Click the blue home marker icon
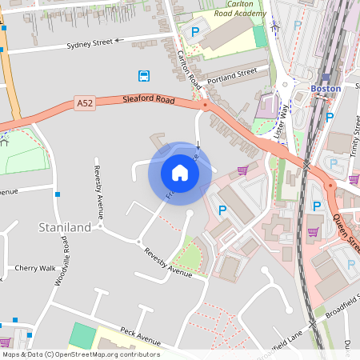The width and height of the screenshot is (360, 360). point(180,173)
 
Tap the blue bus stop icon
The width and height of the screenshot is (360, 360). point(144,76)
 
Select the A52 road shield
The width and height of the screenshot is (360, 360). point(86,103)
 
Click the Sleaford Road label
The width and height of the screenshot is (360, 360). point(148,99)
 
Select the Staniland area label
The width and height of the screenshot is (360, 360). point(65,227)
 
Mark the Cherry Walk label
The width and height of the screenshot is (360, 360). point(35,268)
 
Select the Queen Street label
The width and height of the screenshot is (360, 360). point(347,229)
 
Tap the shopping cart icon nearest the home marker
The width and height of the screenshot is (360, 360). point(242,170)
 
